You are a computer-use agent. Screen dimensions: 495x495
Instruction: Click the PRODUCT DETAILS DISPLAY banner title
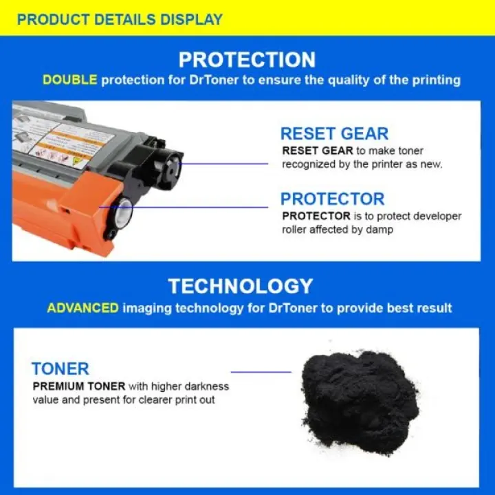[x=120, y=19]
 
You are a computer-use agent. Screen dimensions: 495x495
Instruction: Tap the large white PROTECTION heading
[x=247, y=60]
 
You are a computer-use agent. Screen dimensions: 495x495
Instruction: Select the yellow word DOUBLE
[x=69, y=80]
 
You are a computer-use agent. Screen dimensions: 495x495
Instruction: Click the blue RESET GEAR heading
[x=334, y=133]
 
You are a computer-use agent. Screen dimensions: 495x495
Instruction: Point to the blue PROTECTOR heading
[x=333, y=199]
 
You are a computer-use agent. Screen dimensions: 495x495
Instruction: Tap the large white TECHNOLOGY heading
[x=241, y=286]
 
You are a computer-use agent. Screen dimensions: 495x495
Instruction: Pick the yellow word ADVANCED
[x=83, y=308]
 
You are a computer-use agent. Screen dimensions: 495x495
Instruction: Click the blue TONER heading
[x=60, y=368]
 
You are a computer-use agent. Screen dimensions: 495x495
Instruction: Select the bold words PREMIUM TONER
[x=79, y=386]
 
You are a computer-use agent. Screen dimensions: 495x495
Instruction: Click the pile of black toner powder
[x=360, y=402]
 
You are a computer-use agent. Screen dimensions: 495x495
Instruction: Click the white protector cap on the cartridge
[x=123, y=212]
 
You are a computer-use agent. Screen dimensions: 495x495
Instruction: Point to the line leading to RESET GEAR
[x=223, y=164]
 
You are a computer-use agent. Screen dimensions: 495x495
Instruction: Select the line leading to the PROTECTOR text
[x=184, y=208]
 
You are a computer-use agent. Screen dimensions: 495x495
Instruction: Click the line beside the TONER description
[x=261, y=372]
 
